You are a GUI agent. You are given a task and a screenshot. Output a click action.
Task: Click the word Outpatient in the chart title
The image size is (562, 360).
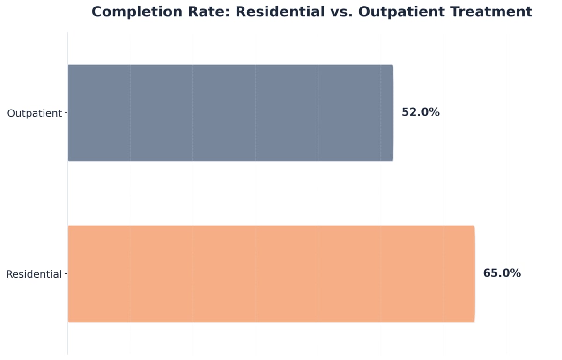(408, 12)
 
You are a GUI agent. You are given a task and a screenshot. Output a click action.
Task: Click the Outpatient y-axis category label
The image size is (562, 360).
(34, 113)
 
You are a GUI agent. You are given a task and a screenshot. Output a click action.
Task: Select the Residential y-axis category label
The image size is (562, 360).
(34, 274)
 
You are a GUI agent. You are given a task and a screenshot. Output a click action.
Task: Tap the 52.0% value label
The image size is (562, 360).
(421, 112)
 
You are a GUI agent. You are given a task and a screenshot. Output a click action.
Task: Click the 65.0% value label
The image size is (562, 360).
(502, 273)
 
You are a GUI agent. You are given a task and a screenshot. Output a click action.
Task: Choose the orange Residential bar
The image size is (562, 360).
(271, 274)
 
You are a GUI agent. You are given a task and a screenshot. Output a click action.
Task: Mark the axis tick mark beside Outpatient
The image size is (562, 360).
(66, 113)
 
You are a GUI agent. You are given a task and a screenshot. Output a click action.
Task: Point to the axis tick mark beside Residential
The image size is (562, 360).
(66, 274)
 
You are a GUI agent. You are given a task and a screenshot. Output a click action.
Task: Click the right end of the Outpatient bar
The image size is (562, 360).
(392, 113)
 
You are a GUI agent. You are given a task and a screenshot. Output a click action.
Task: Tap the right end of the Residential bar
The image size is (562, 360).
(474, 274)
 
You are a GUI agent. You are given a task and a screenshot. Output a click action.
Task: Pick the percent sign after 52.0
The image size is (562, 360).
(434, 112)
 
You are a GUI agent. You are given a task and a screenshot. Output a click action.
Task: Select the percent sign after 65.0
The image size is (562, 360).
(515, 273)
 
